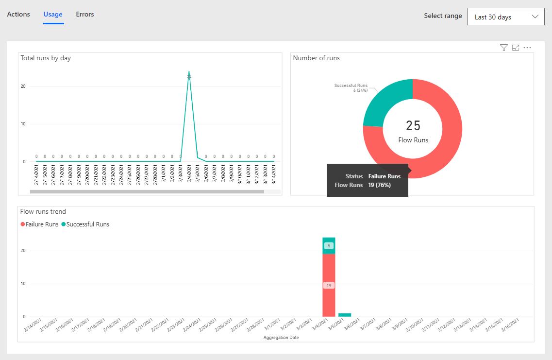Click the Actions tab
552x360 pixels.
(18, 14)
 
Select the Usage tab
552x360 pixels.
(53, 14)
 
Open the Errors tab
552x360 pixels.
(85, 14)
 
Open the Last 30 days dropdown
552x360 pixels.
(505, 17)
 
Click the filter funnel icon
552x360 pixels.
(503, 48)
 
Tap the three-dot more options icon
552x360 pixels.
(527, 48)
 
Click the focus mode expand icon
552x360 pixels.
(516, 48)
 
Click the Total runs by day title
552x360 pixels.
(46, 58)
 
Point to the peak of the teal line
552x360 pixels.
(189, 72)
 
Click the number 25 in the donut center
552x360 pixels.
(413, 126)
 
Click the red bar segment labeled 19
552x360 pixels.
(329, 285)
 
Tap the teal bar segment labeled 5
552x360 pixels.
(329, 246)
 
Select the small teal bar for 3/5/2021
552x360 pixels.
(345, 315)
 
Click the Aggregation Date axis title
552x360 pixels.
(281, 338)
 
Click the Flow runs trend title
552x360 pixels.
(43, 211)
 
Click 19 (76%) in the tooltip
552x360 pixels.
(380, 185)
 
